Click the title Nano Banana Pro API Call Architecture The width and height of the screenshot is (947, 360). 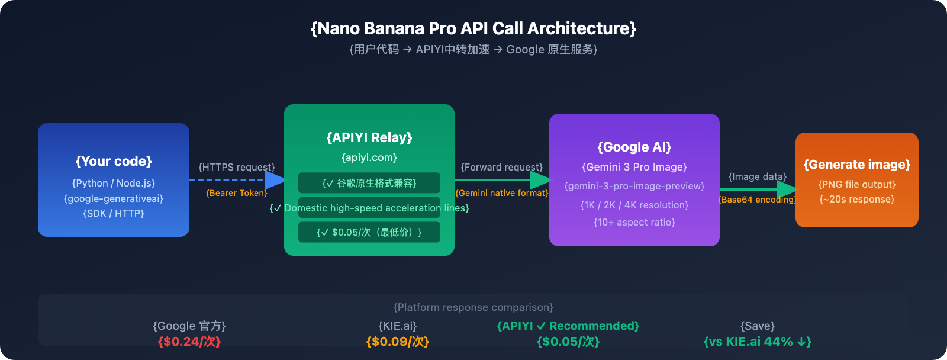[474, 28]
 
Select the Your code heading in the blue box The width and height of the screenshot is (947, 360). [114, 161]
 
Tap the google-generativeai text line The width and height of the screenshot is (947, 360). [114, 198]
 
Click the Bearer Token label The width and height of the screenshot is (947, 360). [237, 193]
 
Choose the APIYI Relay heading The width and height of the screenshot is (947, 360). [369, 137]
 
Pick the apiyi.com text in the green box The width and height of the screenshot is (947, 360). [369, 157]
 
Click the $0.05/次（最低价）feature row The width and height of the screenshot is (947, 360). [369, 232]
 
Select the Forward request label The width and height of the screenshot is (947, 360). [502, 167]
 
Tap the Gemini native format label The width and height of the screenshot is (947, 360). [502, 193]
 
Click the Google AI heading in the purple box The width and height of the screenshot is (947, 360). [634, 147]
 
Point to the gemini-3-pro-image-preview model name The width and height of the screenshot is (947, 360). [634, 186]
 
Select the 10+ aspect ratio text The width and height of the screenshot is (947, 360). [634, 222]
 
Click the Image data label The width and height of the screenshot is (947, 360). [758, 176]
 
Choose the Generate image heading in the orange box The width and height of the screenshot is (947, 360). [857, 164]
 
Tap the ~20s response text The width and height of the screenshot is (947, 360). [857, 199]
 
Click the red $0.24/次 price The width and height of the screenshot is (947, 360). [189, 342]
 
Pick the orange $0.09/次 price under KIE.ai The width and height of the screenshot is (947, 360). [398, 342]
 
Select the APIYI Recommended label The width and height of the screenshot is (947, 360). [568, 326]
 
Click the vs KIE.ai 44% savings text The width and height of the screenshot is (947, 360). [758, 342]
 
